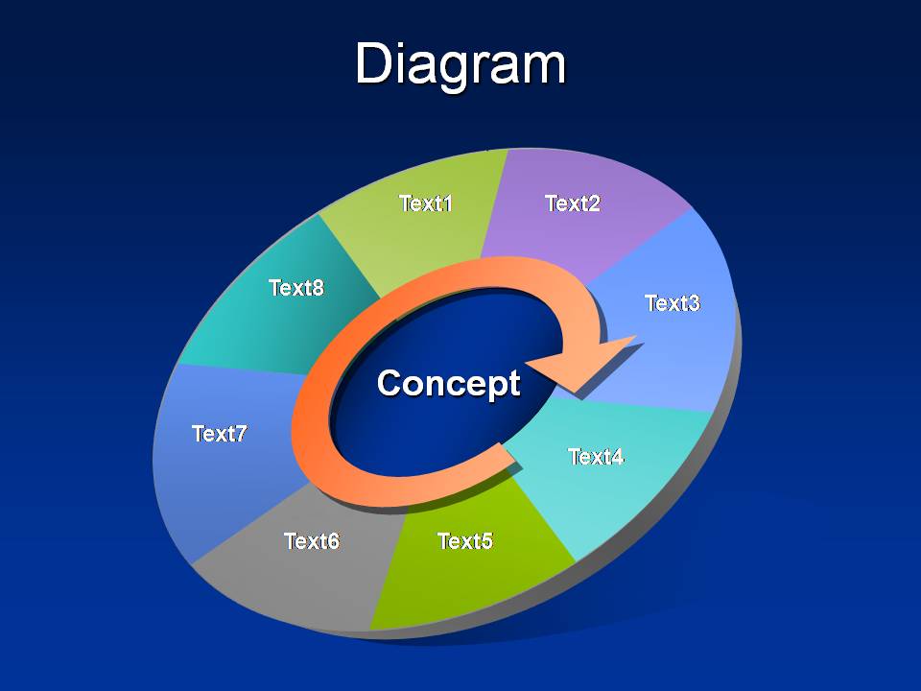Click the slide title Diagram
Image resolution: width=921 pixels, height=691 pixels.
pos(460,64)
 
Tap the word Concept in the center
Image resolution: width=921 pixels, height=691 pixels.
pos(449,384)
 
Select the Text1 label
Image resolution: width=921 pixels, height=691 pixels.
pos(426,203)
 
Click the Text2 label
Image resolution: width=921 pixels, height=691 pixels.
pos(573,203)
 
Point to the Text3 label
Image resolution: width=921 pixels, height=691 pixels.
pos(673,303)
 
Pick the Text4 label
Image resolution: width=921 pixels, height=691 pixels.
pos(596,457)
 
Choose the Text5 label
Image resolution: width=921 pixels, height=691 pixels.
pos(465,541)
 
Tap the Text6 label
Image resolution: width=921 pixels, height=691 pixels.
pos(312,541)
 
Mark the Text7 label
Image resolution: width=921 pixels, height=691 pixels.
pos(220,434)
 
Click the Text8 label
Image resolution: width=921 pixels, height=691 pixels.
pos(296,288)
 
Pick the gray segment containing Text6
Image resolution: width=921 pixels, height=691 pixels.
pos(299,559)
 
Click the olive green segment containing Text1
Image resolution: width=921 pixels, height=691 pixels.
pos(417,218)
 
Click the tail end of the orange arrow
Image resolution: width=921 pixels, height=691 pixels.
pos(509,455)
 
